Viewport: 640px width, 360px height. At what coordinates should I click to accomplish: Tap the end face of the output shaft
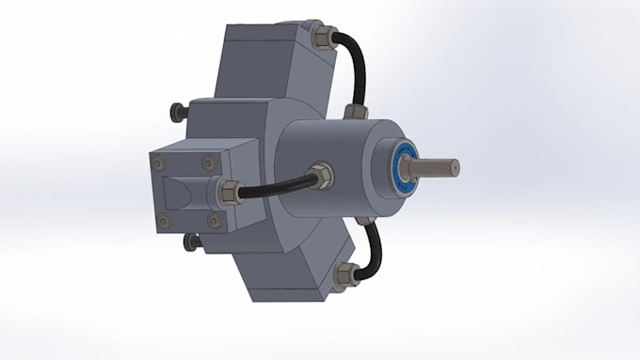454,167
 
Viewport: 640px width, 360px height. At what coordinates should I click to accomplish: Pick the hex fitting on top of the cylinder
355,113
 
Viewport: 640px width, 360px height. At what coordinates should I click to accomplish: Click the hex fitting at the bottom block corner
345,275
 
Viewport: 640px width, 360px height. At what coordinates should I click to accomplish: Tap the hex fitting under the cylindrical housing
361,224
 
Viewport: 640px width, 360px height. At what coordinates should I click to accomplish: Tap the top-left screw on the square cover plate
156,163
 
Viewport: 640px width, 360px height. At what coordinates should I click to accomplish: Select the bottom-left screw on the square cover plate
164,222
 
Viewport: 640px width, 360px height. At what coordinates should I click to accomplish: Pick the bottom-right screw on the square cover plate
214,222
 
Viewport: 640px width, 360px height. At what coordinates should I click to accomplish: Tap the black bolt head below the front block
193,243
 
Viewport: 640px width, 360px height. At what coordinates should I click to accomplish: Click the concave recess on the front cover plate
184,195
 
